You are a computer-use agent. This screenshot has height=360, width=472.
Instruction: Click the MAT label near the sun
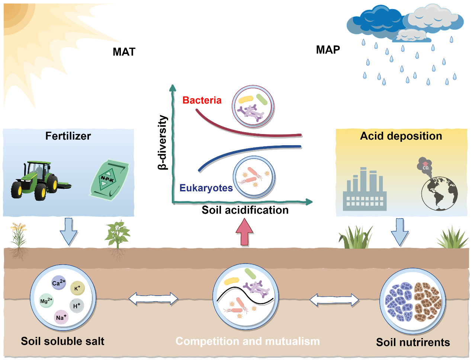(124, 52)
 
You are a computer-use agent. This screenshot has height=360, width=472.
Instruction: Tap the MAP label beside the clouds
(328, 50)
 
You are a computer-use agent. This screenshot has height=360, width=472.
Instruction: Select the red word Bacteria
(202, 100)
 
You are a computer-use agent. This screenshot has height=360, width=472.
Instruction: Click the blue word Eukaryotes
(206, 188)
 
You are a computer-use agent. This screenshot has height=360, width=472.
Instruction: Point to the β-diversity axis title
(163, 143)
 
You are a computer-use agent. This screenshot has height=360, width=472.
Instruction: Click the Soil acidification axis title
(245, 210)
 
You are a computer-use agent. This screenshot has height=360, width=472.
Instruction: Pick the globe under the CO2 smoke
(439, 194)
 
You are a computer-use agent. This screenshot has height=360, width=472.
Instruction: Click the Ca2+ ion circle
(58, 283)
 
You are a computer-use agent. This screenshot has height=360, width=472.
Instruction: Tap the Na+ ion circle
(61, 318)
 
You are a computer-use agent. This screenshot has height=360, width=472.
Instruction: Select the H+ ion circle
(77, 306)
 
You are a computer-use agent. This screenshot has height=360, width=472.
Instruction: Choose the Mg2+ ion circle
(46, 301)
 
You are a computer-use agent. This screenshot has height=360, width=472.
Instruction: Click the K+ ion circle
(77, 288)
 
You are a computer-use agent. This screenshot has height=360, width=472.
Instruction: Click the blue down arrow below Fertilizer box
(68, 231)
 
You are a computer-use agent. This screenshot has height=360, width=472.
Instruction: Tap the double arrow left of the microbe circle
(153, 299)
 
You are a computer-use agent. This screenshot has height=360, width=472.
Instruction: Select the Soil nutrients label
(413, 342)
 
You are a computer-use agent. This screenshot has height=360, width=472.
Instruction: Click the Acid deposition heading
(401, 136)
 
